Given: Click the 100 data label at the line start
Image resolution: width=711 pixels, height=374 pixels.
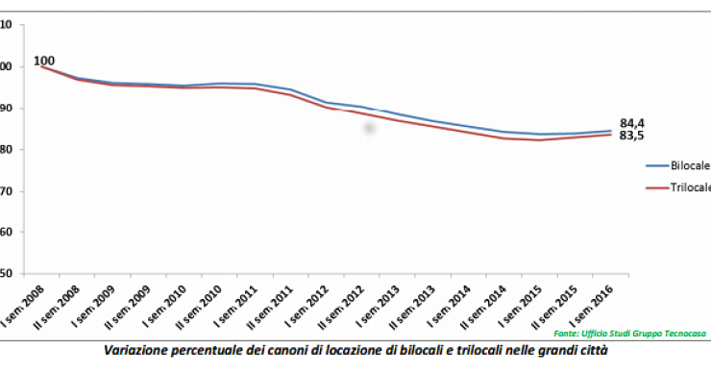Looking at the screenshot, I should click(44, 61).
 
